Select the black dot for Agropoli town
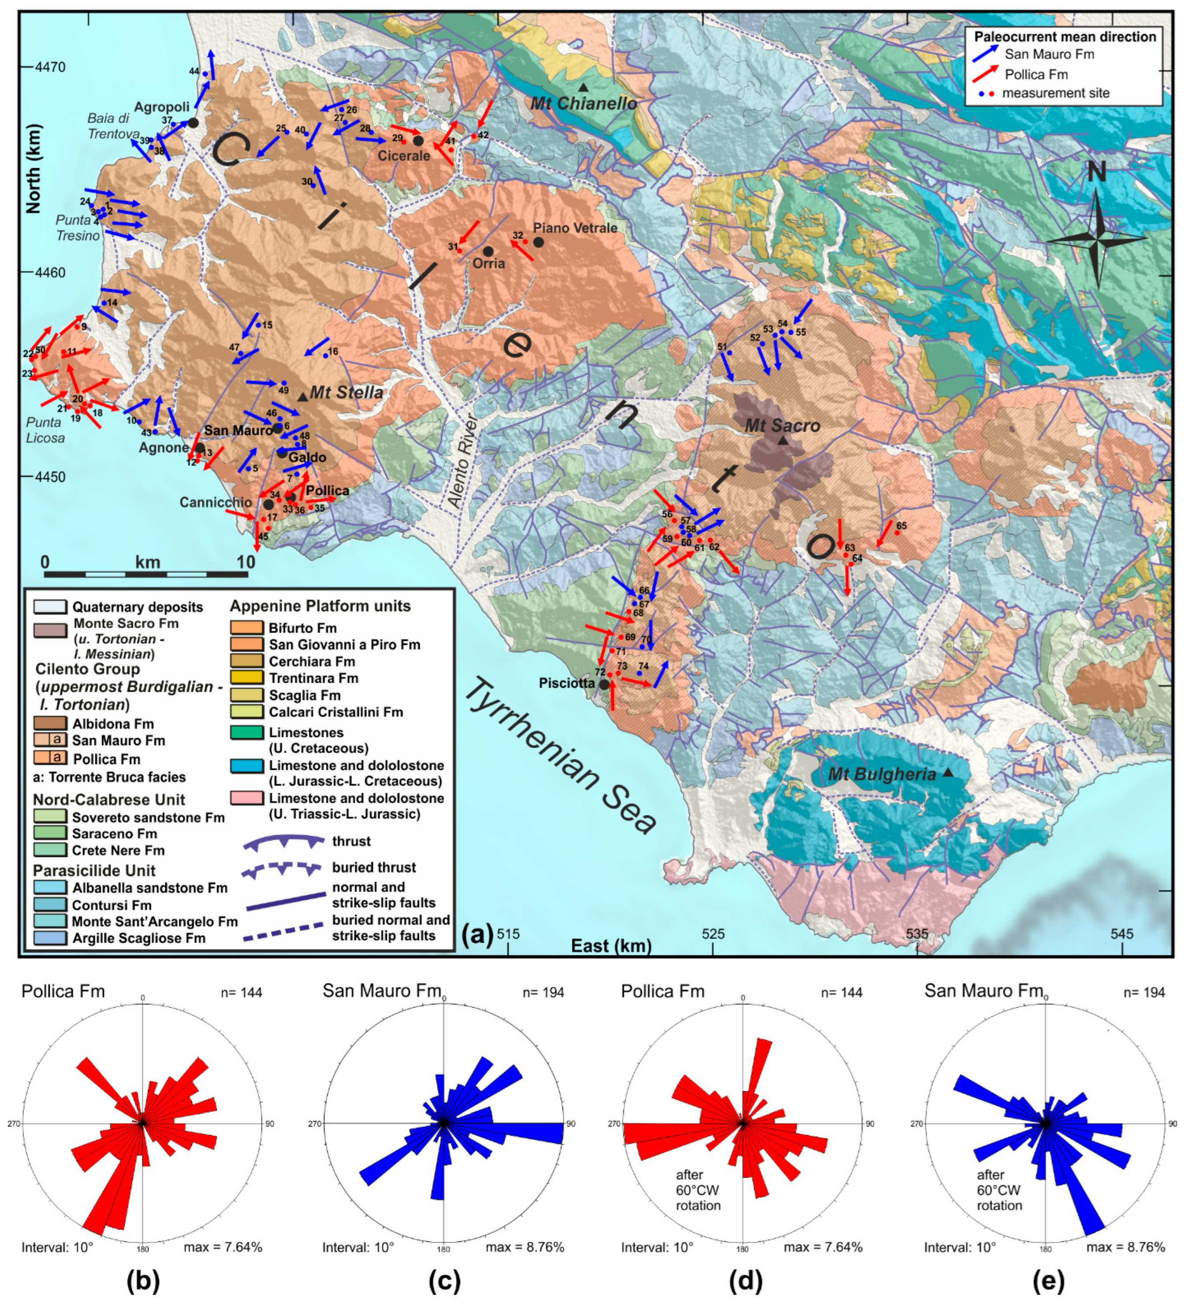tap(193, 123)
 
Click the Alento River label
tap(464, 461)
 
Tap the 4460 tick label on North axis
tap(49, 272)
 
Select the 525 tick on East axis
tap(713, 934)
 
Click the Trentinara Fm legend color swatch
tap(246, 678)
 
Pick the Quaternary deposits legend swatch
tap(50, 607)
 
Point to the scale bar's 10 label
tap(246, 562)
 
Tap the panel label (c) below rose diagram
tap(444, 1280)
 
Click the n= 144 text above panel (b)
tap(242, 992)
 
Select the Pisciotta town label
tap(566, 683)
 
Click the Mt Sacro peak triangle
tap(782, 440)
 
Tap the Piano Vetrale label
tap(575, 228)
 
